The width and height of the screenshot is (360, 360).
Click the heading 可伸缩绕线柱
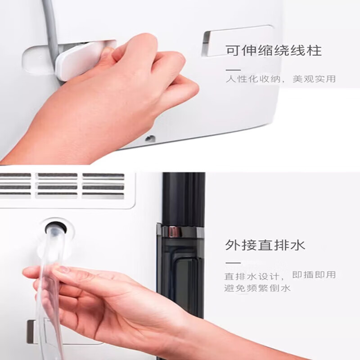click(x=274, y=50)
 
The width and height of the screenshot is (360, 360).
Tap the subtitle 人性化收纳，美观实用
click(x=280, y=79)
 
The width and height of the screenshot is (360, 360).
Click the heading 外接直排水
click(x=265, y=245)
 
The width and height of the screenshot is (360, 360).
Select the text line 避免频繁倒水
click(x=257, y=288)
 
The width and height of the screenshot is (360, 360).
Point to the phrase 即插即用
click(x=314, y=274)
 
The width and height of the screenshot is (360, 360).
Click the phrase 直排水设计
click(x=252, y=276)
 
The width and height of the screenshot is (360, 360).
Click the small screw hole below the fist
click(x=150, y=139)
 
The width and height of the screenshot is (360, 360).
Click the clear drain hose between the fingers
click(x=52, y=287)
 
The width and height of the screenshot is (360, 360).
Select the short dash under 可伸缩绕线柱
click(x=233, y=70)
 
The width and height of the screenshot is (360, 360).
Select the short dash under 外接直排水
click(x=233, y=263)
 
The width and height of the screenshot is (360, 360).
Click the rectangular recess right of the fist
click(x=238, y=40)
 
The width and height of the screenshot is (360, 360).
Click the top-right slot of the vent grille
click(x=103, y=175)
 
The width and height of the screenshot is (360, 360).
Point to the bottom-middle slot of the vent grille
click(x=58, y=195)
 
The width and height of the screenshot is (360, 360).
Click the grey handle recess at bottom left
click(x=31, y=332)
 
